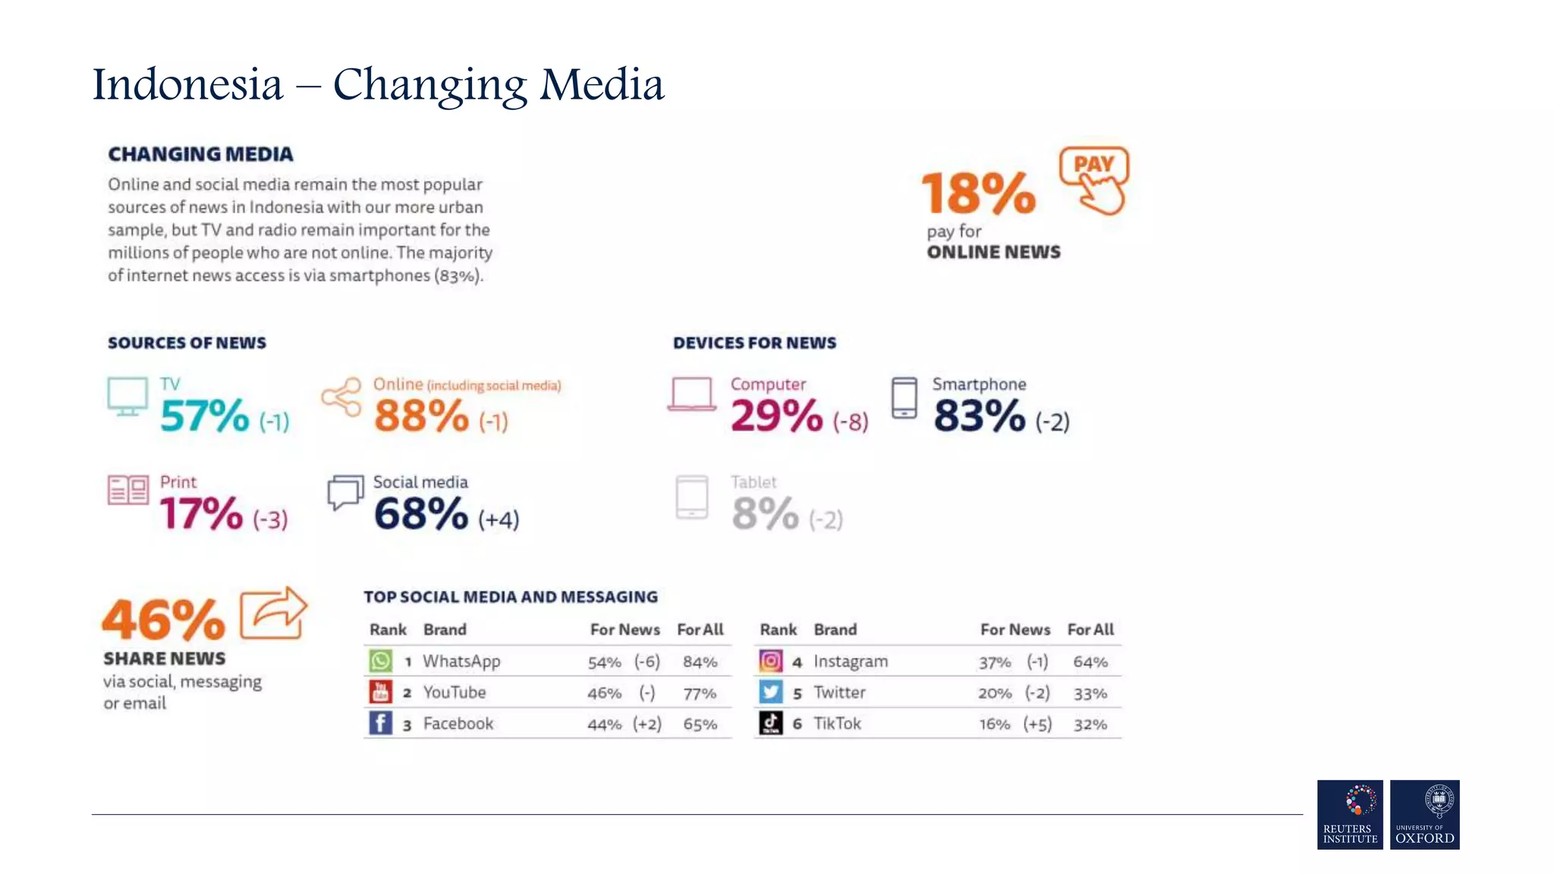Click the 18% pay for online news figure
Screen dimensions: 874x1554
click(978, 193)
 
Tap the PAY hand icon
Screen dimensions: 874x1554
click(1095, 181)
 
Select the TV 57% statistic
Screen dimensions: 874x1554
click(205, 416)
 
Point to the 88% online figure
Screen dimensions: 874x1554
click(422, 416)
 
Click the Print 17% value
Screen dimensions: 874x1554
click(201, 514)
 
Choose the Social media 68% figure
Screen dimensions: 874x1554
click(421, 514)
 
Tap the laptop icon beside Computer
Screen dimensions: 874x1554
click(692, 395)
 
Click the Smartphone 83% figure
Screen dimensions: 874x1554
click(980, 416)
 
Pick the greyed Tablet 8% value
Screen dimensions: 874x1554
click(765, 514)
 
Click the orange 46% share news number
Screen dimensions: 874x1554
click(164, 620)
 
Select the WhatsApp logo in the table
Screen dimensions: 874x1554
click(381, 661)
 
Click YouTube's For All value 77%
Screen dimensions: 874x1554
click(700, 693)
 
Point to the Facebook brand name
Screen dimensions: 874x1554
click(458, 724)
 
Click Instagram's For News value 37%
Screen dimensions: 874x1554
click(995, 662)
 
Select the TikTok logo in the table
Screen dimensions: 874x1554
click(771, 724)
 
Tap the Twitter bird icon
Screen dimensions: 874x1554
click(771, 692)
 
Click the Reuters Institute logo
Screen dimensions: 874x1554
click(1350, 814)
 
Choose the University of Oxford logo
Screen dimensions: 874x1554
click(1424, 814)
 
